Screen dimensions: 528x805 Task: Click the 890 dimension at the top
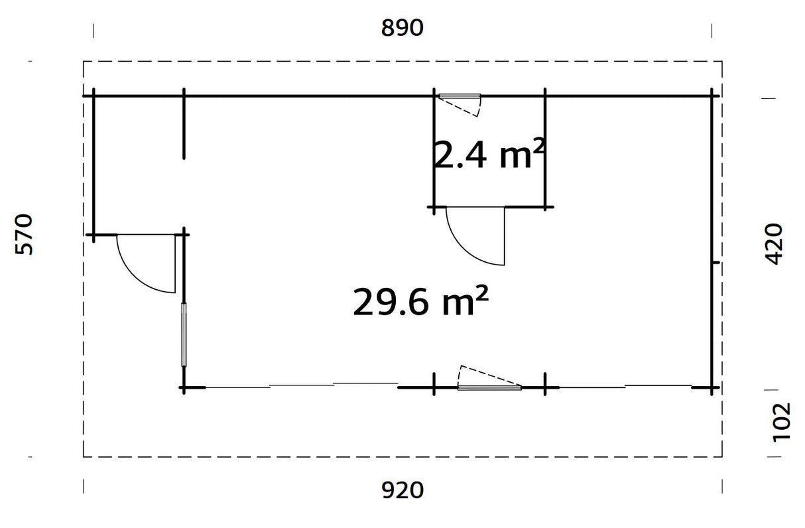(x=402, y=29)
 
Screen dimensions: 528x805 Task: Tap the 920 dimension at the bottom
(x=402, y=491)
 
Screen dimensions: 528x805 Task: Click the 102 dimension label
(x=782, y=421)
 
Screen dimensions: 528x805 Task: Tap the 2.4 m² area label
(x=489, y=155)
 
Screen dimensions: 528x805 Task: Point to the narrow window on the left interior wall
(x=184, y=335)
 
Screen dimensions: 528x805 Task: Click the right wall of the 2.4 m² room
(x=545, y=149)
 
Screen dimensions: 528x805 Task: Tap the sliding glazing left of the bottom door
(x=302, y=385)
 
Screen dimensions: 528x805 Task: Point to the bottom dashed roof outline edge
(x=402, y=457)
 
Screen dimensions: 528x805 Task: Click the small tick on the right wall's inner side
(x=716, y=263)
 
